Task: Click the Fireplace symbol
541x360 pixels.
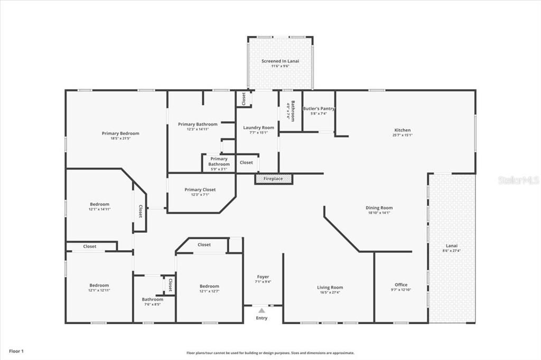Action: click(x=274, y=179)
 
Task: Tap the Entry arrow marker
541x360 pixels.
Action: click(x=262, y=311)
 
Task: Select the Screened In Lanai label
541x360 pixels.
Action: click(x=281, y=61)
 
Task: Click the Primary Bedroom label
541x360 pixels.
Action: click(x=120, y=134)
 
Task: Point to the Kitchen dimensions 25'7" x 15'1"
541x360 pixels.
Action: click(x=403, y=135)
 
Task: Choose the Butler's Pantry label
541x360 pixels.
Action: click(x=319, y=109)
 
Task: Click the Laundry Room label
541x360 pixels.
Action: click(x=258, y=128)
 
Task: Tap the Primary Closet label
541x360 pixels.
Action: click(x=200, y=190)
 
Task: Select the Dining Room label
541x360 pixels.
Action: click(x=379, y=208)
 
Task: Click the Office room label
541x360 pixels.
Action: click(x=401, y=285)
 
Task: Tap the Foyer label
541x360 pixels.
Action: click(x=263, y=277)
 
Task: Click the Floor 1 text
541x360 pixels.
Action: click(x=15, y=350)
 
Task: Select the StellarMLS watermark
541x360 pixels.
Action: click(x=518, y=180)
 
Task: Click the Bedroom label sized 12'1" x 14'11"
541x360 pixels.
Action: click(x=99, y=204)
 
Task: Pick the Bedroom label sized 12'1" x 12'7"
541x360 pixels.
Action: click(x=209, y=286)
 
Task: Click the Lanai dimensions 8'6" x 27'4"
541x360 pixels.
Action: click(x=451, y=251)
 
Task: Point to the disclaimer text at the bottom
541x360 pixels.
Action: click(x=270, y=353)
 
